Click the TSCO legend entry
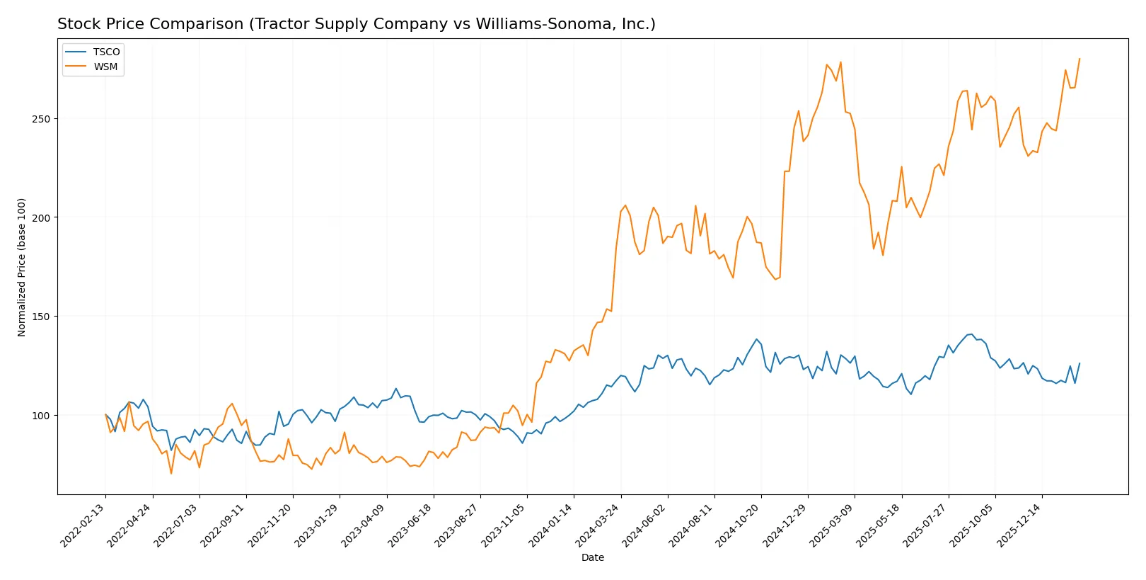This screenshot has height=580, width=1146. pyautogui.click(x=106, y=52)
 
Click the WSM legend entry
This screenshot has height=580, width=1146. pyautogui.click(x=105, y=67)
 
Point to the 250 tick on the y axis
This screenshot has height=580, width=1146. pyautogui.click(x=41, y=119)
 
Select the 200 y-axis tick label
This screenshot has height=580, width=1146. pyautogui.click(x=41, y=217)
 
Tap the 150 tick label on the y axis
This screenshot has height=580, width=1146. pyautogui.click(x=41, y=317)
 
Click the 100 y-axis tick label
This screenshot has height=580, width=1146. pyautogui.click(x=41, y=416)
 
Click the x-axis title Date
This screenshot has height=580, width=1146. pyautogui.click(x=592, y=557)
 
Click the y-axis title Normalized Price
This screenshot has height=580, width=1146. pyautogui.click(x=22, y=267)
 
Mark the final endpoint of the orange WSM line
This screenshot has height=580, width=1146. pyautogui.click(x=1080, y=59)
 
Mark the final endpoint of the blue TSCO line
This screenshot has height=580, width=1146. pyautogui.click(x=1080, y=363)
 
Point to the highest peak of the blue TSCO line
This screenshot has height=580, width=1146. pyautogui.click(x=971, y=334)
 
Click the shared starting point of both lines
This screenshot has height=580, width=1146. pyautogui.click(x=105, y=415)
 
